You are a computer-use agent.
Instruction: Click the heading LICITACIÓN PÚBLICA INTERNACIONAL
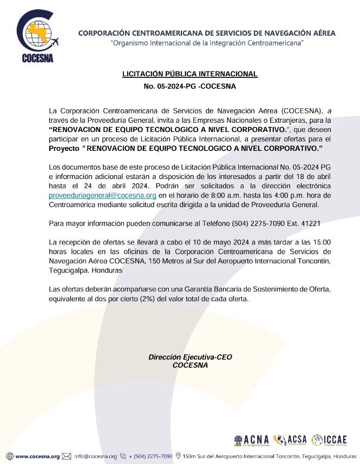(189, 74)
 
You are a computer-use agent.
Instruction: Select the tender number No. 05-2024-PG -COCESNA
(189, 86)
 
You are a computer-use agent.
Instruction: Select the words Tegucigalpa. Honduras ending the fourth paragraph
(86, 270)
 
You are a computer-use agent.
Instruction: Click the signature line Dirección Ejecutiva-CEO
(190, 357)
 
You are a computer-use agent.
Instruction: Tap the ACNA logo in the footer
(252, 440)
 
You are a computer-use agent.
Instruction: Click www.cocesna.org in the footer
(37, 456)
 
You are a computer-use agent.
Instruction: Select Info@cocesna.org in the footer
(95, 456)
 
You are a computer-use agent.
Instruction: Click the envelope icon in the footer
(67, 456)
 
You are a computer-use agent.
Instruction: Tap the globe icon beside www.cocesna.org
(10, 456)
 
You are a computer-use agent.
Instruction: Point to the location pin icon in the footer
(179, 456)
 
